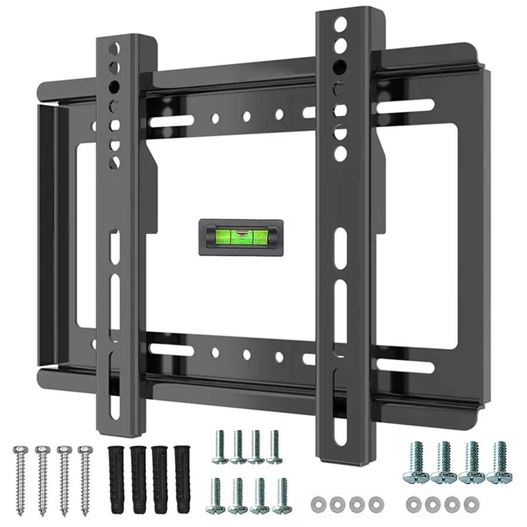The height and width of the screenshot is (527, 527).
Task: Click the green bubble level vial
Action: (x=241, y=237)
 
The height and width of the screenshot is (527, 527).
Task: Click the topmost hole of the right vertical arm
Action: (x=340, y=25)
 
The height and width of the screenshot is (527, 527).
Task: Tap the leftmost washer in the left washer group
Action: (x=319, y=503)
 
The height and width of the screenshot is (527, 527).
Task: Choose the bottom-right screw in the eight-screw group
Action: (x=282, y=495)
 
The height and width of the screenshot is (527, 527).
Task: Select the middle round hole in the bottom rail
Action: (x=247, y=355)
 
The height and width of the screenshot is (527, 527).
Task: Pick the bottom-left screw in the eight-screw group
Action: (x=216, y=495)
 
